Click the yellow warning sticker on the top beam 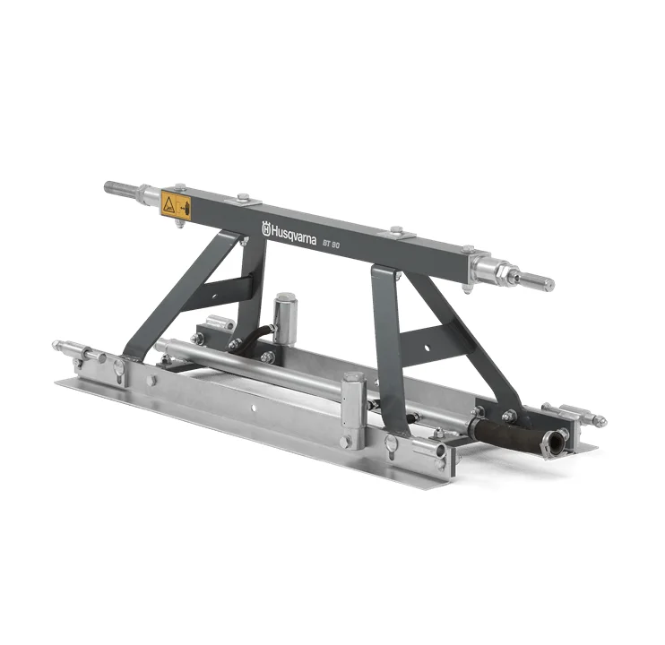point(176,205)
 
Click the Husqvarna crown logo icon point(266,228)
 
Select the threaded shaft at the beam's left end point(122,188)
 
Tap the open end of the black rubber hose point(554,442)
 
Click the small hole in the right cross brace point(427,348)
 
